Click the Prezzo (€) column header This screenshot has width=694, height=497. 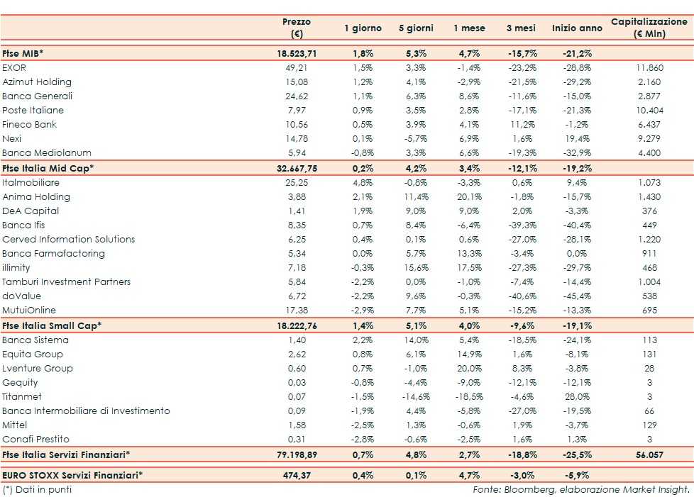pyautogui.click(x=296, y=28)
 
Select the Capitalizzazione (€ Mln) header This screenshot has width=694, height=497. pyautogui.click(x=649, y=28)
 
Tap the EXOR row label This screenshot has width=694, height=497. pyautogui.click(x=14, y=68)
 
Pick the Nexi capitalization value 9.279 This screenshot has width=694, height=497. pyautogui.click(x=649, y=139)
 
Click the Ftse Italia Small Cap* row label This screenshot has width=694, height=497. pyautogui.click(x=52, y=325)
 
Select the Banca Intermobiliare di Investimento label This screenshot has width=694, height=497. pyautogui.click(x=86, y=411)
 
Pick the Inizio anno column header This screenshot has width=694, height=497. pyautogui.click(x=576, y=28)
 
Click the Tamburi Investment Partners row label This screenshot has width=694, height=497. pyautogui.click(x=67, y=282)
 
